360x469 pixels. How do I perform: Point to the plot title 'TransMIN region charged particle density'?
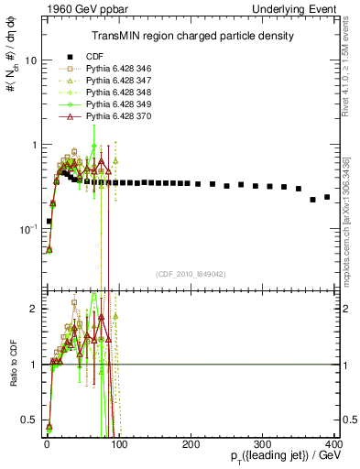[192, 37]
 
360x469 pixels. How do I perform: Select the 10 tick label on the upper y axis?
[30, 60]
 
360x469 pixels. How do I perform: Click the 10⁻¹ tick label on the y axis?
[27, 229]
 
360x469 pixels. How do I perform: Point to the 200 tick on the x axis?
[191, 444]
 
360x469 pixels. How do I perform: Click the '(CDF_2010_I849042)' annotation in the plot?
[191, 273]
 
